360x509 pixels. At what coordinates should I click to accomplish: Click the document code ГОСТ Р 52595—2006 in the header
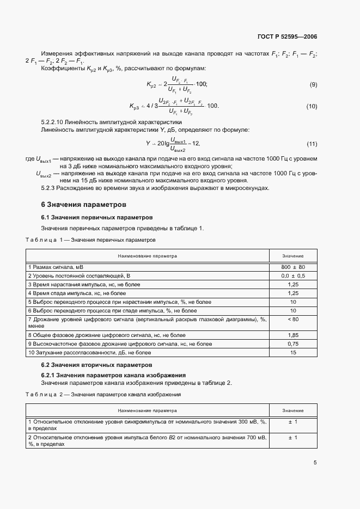(x=287, y=37)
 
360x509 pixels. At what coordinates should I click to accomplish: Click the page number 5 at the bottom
(x=315, y=463)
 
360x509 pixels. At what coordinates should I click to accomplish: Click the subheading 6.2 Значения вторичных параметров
(x=97, y=364)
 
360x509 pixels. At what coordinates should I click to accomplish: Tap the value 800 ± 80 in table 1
(x=293, y=267)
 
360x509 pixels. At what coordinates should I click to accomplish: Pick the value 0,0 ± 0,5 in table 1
(x=293, y=276)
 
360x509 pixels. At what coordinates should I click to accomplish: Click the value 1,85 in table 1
(x=293, y=335)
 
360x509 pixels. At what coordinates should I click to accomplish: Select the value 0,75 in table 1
(x=293, y=344)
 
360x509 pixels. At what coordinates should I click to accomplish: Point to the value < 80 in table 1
(x=293, y=319)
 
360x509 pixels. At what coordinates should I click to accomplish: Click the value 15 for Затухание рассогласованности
(x=293, y=353)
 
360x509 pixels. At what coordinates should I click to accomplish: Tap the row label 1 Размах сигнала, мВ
(x=56, y=267)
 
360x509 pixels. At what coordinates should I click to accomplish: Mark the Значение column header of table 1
(x=293, y=255)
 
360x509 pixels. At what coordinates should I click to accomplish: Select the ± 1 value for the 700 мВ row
(x=293, y=437)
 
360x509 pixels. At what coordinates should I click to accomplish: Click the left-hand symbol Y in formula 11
(x=148, y=143)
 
